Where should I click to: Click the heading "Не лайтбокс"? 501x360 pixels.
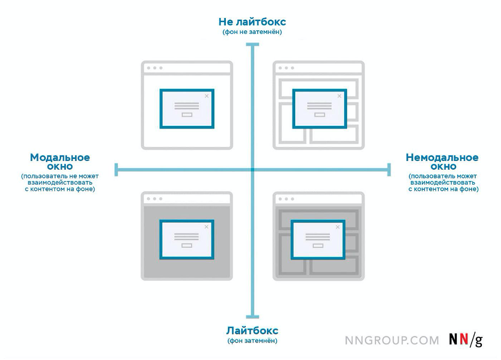[x=252, y=22]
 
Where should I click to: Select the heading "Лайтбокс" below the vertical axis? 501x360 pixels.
[x=252, y=330]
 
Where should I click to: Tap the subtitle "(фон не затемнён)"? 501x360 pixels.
[x=252, y=32]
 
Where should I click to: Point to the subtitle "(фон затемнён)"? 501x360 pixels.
[x=252, y=341]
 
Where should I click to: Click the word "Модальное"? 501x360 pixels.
[x=60, y=157]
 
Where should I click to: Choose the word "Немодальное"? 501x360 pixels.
[x=442, y=157]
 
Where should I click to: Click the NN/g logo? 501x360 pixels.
[x=466, y=340]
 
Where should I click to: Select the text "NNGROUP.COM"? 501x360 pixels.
[x=392, y=340]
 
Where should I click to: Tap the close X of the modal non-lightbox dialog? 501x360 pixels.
[x=207, y=96]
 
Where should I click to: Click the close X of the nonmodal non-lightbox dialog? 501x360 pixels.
[x=339, y=96]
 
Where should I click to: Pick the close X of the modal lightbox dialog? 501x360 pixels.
[x=206, y=227]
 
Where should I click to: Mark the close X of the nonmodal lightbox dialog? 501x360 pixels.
[x=338, y=227]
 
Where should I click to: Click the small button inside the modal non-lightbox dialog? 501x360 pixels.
[x=187, y=115]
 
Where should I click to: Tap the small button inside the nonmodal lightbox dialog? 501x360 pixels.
[x=318, y=246]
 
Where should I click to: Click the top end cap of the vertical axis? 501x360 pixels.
[x=253, y=44]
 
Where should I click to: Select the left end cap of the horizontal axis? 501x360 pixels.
[x=116, y=170]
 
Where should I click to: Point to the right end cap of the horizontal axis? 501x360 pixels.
[x=389, y=170]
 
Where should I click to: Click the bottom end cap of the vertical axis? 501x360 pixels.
[x=253, y=317]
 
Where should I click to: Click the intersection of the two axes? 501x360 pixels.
[x=253, y=170]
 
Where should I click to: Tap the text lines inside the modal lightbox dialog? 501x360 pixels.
[x=187, y=237]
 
